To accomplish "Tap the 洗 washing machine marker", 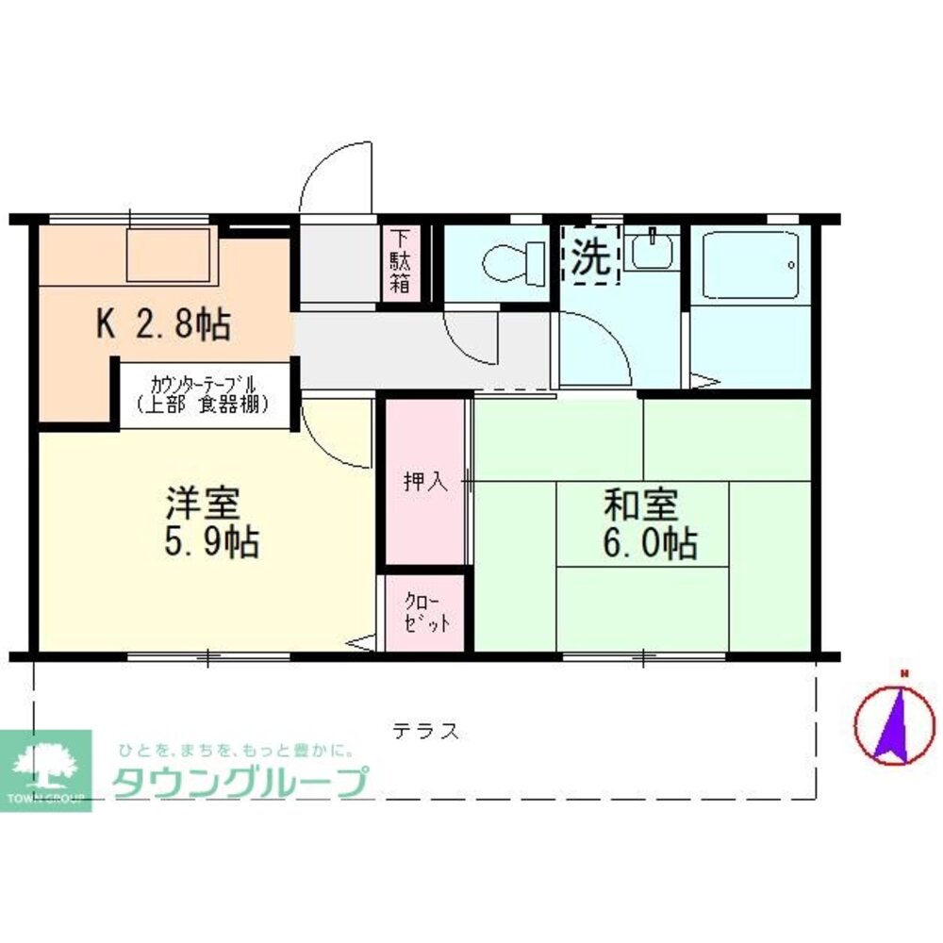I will coord(591,255).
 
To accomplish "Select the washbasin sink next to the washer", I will coord(653,251).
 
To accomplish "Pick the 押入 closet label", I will coord(424,482).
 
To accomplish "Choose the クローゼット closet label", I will coord(425,614).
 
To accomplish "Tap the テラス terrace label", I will coord(425,730).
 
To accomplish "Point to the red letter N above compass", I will coord(902,673).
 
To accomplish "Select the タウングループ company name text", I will coord(240,782).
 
